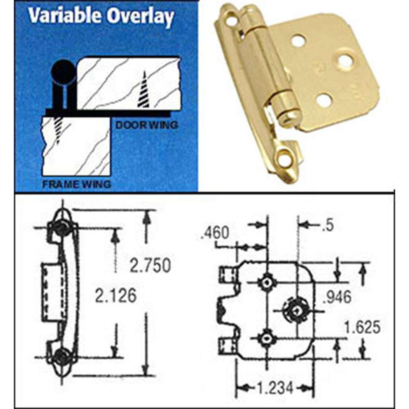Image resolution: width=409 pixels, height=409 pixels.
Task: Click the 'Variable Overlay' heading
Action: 101,17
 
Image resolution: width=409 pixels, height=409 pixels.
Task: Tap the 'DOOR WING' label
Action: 146,125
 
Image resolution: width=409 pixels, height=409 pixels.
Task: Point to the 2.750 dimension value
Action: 150,266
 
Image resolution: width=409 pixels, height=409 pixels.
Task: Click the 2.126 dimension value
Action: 116,296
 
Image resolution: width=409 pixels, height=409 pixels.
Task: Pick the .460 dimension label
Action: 215,233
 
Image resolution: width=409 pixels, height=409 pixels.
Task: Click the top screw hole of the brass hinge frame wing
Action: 231,20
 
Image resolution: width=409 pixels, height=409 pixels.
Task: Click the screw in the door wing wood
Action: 144,91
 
